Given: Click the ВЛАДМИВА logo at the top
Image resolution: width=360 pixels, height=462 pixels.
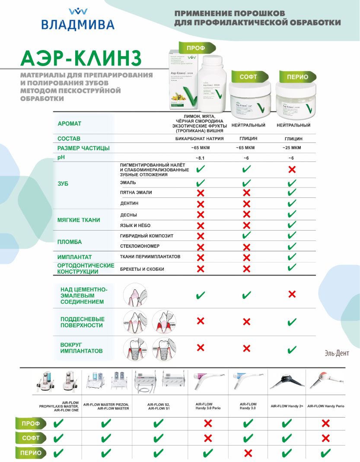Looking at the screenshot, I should [78, 19].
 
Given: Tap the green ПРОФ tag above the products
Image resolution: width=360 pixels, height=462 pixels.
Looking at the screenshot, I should [195, 48].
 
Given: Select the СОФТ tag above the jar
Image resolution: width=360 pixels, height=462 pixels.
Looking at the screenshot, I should [248, 77].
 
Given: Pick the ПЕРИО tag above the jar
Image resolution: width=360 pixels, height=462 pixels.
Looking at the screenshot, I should [297, 77].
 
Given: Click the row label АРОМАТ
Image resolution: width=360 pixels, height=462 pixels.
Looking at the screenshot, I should [69, 123].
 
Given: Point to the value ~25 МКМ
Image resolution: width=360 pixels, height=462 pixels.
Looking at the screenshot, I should [292, 148].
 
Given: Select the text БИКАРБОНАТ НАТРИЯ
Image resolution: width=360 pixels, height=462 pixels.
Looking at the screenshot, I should [199, 139].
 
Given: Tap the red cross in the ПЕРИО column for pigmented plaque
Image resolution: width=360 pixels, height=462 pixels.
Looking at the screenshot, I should [292, 170].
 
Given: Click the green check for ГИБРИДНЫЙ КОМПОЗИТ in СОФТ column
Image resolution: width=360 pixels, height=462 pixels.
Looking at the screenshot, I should [246, 236].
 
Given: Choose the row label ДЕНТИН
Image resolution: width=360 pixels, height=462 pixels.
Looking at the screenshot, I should [129, 203].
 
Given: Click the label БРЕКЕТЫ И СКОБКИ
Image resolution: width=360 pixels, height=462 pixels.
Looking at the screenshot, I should [142, 269].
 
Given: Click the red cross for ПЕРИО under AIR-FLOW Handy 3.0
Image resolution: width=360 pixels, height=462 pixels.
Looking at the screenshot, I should [248, 453].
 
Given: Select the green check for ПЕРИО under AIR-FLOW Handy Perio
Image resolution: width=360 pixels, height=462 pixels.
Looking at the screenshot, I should [326, 453].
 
